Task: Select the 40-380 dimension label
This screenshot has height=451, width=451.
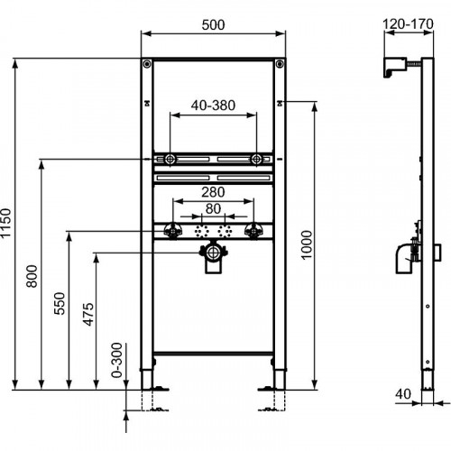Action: tap(215, 106)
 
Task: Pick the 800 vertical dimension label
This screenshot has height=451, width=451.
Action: tap(33, 275)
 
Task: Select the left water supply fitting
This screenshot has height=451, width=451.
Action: tap(171, 231)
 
